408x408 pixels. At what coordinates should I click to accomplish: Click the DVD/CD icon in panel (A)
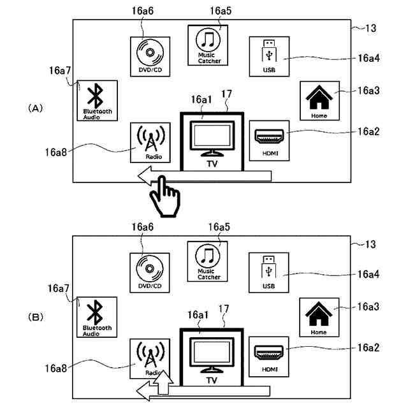click(150, 57)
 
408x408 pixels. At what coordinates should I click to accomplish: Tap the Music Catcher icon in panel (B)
click(207, 261)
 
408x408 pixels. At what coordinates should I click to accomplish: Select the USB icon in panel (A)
click(269, 57)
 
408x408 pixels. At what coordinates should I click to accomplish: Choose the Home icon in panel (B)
click(319, 317)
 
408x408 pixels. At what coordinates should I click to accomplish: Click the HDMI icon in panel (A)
click(269, 140)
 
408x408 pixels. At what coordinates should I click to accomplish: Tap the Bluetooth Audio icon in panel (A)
click(97, 101)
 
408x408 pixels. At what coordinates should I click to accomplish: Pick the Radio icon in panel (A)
click(150, 143)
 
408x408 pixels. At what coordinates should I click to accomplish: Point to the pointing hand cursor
click(165, 197)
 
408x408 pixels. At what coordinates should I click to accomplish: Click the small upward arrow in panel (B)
click(163, 382)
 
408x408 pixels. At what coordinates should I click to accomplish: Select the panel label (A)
click(36, 108)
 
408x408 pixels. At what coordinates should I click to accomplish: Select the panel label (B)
click(36, 317)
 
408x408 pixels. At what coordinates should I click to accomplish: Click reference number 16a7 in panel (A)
click(60, 71)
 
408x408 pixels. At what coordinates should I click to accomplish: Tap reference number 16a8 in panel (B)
click(55, 368)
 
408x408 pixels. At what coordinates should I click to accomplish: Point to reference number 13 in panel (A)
click(371, 28)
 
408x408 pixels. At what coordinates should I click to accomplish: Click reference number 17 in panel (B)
click(224, 309)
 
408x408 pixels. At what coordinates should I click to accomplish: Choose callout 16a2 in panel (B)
click(368, 347)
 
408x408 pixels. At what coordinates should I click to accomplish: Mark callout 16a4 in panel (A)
click(368, 58)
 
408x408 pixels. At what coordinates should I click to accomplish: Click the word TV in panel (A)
click(212, 164)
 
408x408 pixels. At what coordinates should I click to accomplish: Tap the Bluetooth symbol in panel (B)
click(95, 312)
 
